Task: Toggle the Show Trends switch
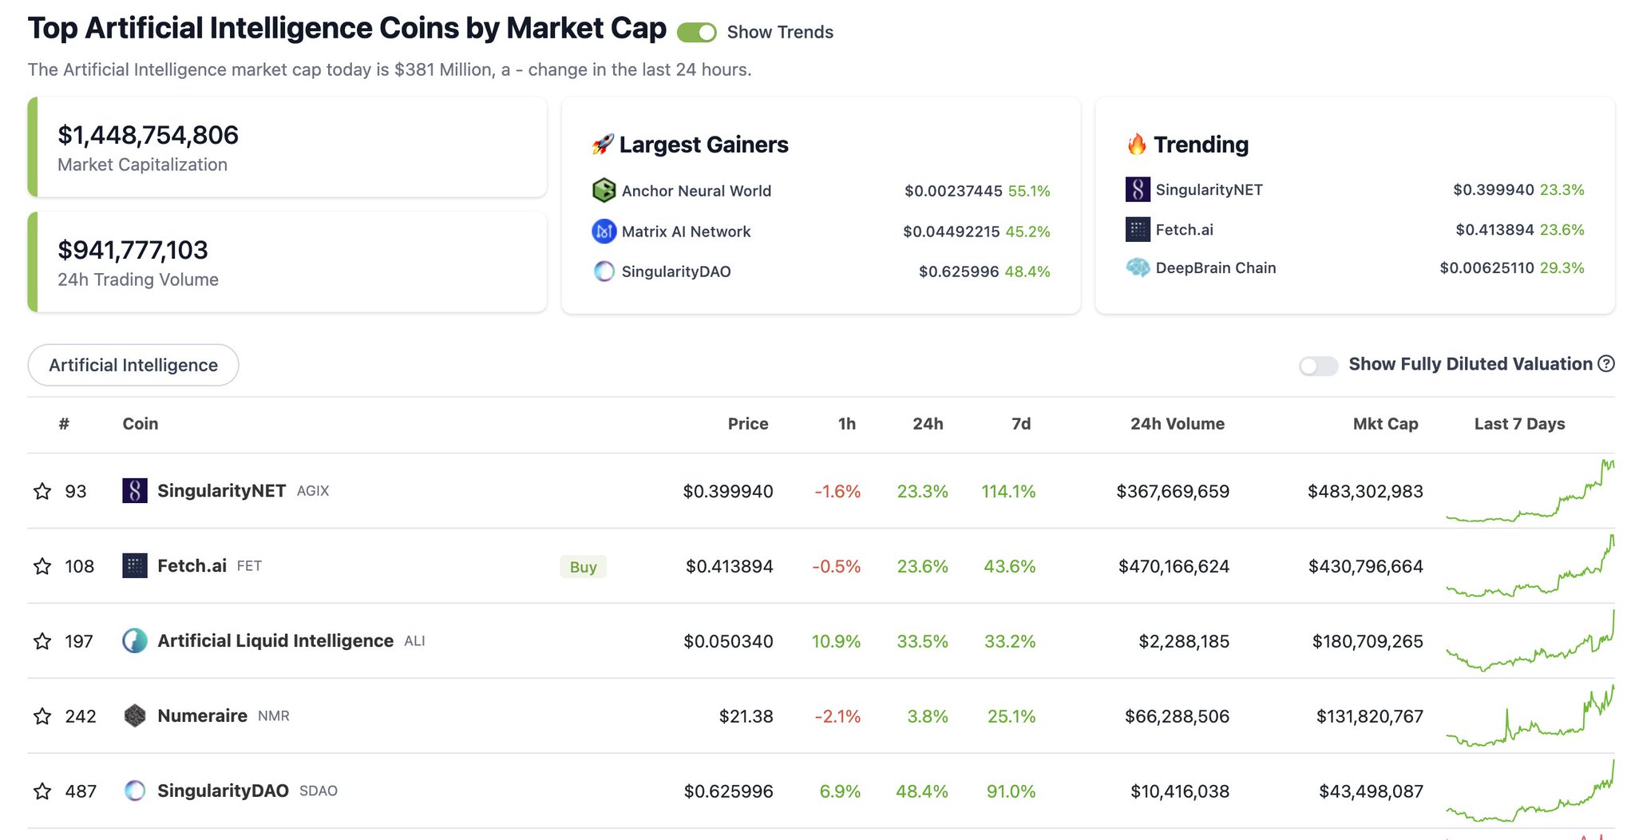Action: tap(696, 33)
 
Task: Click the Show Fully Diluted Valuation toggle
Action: tap(1318, 366)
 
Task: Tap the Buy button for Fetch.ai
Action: tap(583, 567)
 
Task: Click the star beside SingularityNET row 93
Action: tap(42, 491)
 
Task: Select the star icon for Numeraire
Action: tap(42, 716)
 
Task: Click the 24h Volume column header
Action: tap(1177, 424)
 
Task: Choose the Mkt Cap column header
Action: tap(1385, 424)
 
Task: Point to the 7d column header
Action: tap(1020, 424)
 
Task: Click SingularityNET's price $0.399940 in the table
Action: tap(727, 491)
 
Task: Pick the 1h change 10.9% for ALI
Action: tap(836, 641)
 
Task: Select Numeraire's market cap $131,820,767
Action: tap(1369, 716)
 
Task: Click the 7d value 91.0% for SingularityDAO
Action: tap(1011, 791)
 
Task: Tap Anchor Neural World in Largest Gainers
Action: tap(696, 191)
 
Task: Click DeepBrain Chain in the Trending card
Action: tap(1215, 268)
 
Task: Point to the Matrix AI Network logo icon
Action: tap(604, 232)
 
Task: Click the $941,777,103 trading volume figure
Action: tap(133, 251)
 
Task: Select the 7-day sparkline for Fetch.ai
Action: tap(1530, 567)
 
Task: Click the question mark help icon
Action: tap(1606, 364)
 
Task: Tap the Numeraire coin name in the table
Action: tap(202, 716)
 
